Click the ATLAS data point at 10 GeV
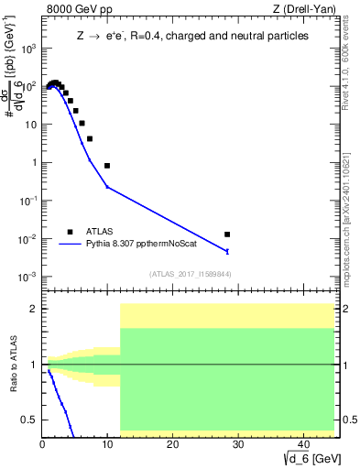coord(107,166)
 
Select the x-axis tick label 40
coord(301,444)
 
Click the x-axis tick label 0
coord(43,444)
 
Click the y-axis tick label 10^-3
coord(27,277)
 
